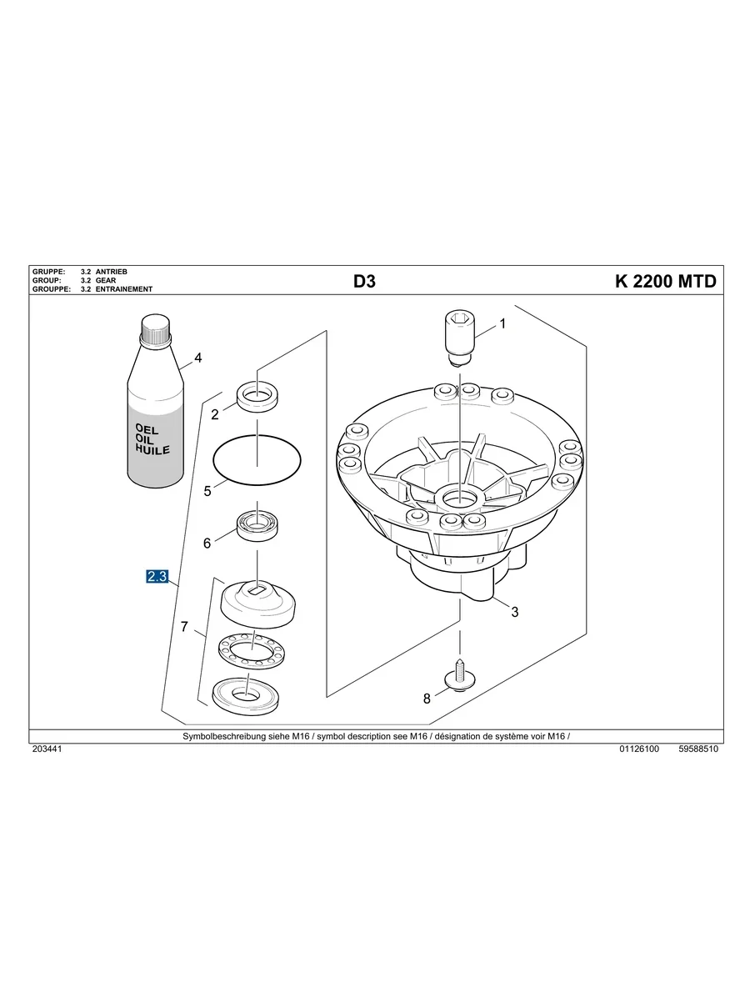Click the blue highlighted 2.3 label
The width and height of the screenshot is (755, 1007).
pyautogui.click(x=157, y=576)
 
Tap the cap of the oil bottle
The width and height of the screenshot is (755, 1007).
pyautogui.click(x=156, y=327)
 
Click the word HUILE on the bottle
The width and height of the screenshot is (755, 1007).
pyautogui.click(x=152, y=449)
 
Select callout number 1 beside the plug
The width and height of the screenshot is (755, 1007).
pyautogui.click(x=502, y=323)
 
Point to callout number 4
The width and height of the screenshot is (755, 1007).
pyautogui.click(x=198, y=358)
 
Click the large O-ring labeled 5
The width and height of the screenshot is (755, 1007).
pyautogui.click(x=257, y=458)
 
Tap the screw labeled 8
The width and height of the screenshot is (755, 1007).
pyautogui.click(x=460, y=676)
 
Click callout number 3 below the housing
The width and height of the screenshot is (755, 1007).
pyautogui.click(x=515, y=612)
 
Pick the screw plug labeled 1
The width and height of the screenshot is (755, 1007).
pyautogui.click(x=459, y=338)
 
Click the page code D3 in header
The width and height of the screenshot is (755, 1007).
pyautogui.click(x=364, y=281)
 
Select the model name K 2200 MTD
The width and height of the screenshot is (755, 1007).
pyautogui.click(x=666, y=281)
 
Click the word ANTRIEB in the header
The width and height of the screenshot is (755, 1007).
pyautogui.click(x=112, y=272)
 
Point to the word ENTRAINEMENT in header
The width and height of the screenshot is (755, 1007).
pyautogui.click(x=124, y=289)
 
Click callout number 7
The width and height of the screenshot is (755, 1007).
pyautogui.click(x=184, y=626)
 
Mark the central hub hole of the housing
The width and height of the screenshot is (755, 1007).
pyautogui.click(x=460, y=498)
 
